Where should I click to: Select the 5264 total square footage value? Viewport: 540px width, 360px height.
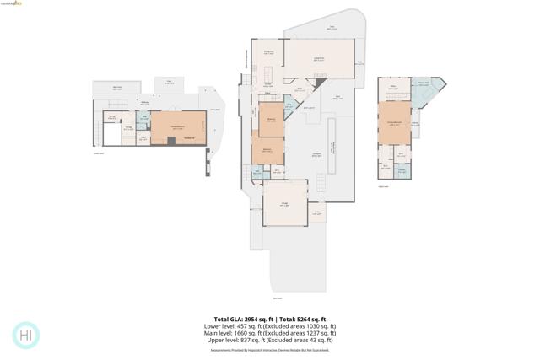click(298, 319)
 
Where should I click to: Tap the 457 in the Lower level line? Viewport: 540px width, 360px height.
click(244, 326)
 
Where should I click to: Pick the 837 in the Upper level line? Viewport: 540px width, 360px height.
click(246, 340)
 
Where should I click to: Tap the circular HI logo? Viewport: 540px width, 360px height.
click(26, 335)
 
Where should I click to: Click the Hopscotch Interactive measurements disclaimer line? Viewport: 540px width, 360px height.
click(269, 348)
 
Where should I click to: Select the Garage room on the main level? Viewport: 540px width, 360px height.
click(285, 203)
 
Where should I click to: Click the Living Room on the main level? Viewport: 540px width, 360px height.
click(319, 61)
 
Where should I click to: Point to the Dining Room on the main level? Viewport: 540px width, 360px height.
click(269, 54)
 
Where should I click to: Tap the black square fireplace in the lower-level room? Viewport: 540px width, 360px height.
click(171, 141)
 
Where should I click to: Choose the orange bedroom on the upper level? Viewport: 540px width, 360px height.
click(394, 123)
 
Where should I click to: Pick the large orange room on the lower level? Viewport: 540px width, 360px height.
click(178, 128)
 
